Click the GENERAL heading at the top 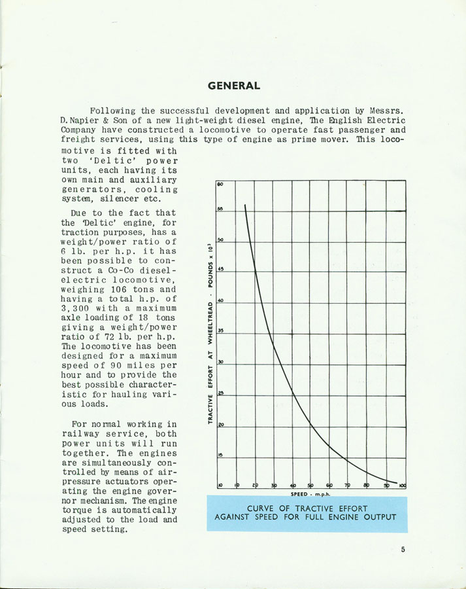pos(233,86)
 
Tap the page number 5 pos(403,549)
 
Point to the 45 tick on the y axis pos(221,269)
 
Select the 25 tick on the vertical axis pos(221,393)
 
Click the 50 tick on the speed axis pos(310,485)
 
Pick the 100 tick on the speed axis pos(403,485)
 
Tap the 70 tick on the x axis pos(348,485)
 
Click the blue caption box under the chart pos(306,513)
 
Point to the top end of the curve pos(245,205)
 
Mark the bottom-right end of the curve pos(396,483)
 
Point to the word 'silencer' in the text pos(120,199)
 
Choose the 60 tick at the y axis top pos(221,185)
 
